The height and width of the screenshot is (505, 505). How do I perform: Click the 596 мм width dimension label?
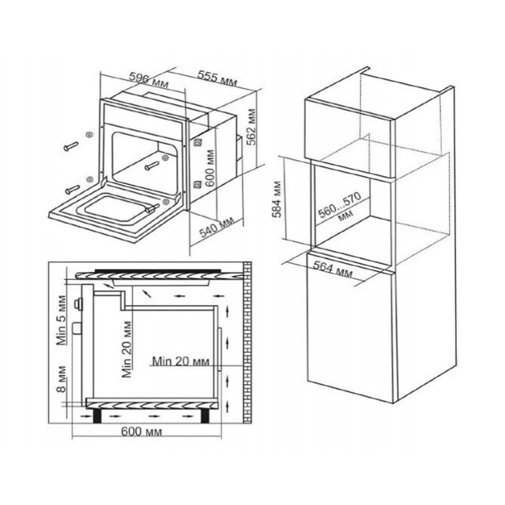pos(148,80)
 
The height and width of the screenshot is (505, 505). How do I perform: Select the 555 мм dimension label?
pos(217,79)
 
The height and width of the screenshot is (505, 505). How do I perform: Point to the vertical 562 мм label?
pos(251,127)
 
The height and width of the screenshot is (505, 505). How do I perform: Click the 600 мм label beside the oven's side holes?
pos(210,168)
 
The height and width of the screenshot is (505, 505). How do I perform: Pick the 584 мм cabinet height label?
pos(277,199)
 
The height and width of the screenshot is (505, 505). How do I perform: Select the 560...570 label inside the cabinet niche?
pos(340,207)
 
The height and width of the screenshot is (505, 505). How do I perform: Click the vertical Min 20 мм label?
pos(127,349)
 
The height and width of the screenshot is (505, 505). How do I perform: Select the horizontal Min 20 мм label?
pos(181,361)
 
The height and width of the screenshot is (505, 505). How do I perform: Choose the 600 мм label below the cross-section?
pos(141,432)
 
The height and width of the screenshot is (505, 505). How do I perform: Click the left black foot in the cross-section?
pos(97,416)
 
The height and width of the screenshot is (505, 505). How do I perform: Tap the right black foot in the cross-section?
pos(205,416)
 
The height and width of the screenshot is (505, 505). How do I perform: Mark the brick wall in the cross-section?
pos(247,342)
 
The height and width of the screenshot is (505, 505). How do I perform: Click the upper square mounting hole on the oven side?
pos(197,142)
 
